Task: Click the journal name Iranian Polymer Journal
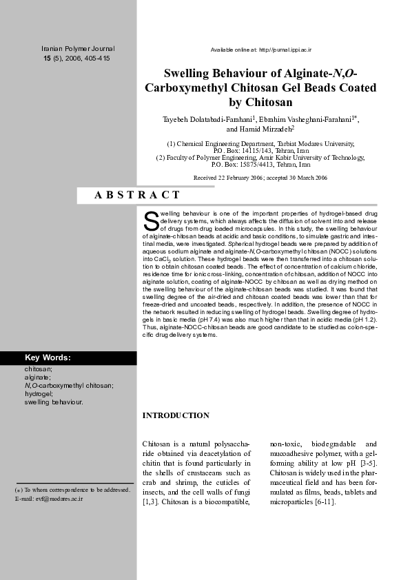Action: point(78,49)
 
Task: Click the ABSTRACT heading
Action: point(137,196)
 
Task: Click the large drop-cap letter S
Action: point(151,220)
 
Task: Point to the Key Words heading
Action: point(48,358)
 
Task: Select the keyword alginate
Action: point(37,377)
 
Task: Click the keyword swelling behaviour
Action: point(54,401)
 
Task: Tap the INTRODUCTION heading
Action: point(176,415)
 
